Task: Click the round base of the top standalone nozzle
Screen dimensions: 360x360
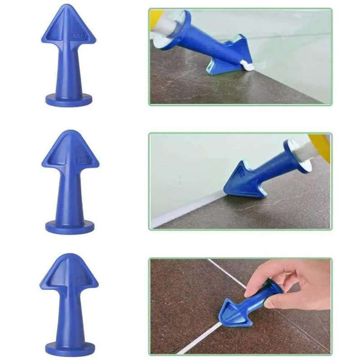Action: click(69, 100)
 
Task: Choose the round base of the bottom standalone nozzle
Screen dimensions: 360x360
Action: click(70, 349)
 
